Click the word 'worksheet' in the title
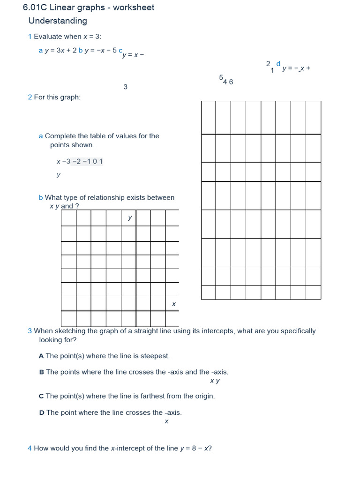point(133,7)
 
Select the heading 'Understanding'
point(58,21)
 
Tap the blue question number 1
point(30,37)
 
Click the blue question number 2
point(30,97)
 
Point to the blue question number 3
point(30,331)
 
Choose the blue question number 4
point(30,448)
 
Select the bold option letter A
point(41,356)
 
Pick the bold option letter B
point(41,372)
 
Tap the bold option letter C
point(41,396)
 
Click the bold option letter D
point(42,412)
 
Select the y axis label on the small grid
point(130,217)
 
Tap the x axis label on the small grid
point(173,304)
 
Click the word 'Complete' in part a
point(60,136)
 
